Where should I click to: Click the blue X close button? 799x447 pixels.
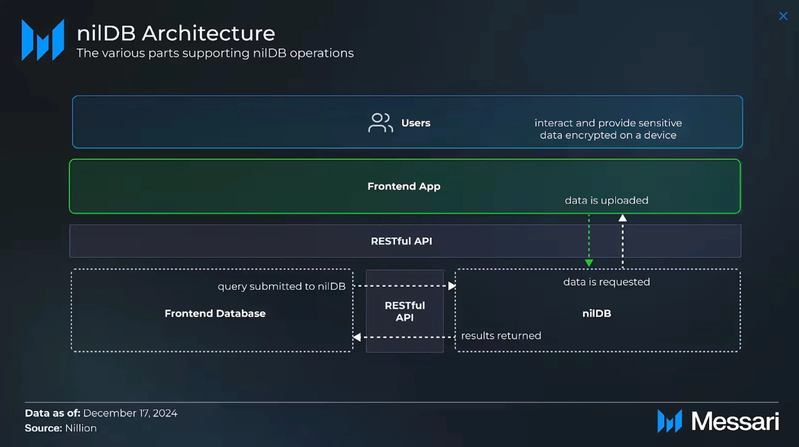click(783, 16)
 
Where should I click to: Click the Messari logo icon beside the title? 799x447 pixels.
click(43, 40)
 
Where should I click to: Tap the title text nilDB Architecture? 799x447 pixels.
click(176, 33)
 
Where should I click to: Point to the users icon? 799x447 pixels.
click(381, 123)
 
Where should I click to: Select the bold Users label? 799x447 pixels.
click(416, 123)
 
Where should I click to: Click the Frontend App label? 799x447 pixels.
click(404, 186)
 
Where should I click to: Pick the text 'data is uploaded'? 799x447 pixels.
click(606, 201)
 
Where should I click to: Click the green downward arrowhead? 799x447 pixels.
click(589, 263)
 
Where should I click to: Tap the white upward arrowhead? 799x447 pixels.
click(622, 218)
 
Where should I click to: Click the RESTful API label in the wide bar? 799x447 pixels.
click(401, 241)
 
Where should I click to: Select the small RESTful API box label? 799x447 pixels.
click(405, 311)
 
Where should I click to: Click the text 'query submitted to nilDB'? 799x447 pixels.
click(281, 286)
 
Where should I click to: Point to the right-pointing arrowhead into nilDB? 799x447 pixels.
click(452, 286)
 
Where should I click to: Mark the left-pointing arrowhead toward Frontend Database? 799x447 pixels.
click(357, 337)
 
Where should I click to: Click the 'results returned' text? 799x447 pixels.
click(501, 336)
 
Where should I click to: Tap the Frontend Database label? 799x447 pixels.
click(215, 313)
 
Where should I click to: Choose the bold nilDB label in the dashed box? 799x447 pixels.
click(596, 313)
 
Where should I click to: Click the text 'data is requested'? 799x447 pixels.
click(606, 282)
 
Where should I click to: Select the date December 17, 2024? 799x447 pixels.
click(130, 413)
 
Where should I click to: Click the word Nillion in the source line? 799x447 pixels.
click(81, 428)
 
